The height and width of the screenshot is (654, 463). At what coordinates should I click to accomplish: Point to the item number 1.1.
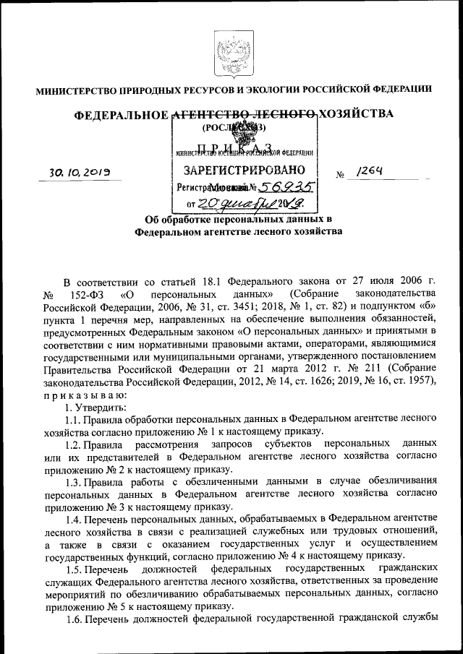click(x=72, y=420)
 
